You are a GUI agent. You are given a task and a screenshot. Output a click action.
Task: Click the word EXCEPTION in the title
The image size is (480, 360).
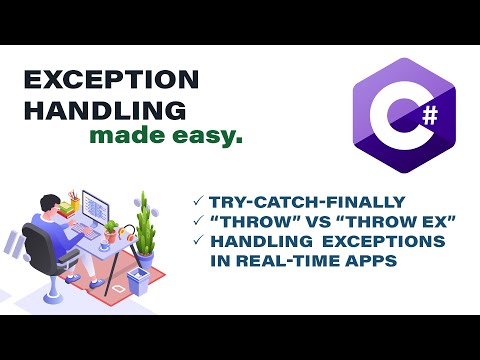(x=110, y=81)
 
